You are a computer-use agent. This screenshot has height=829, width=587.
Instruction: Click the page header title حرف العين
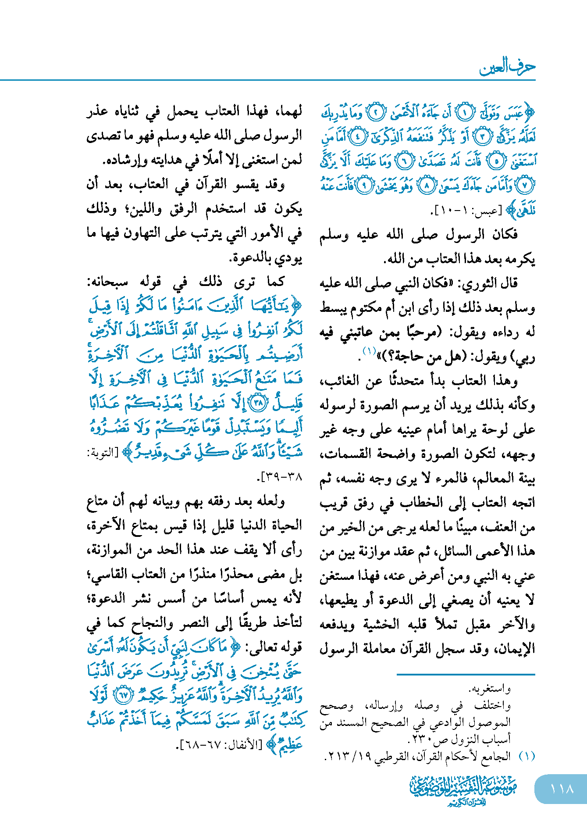click(x=507, y=67)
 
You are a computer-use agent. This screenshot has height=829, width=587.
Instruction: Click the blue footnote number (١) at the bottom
click(x=527, y=756)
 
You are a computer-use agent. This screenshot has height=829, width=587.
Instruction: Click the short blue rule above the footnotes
click(x=466, y=674)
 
